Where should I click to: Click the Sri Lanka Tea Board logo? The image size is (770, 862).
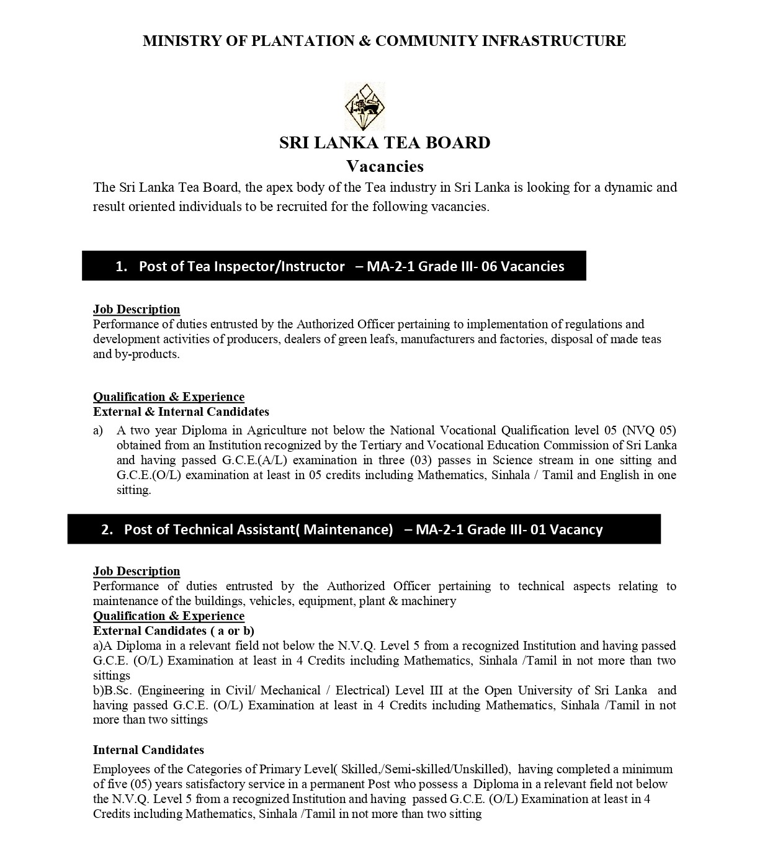coord(365,107)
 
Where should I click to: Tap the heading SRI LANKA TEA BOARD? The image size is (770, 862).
coord(385,143)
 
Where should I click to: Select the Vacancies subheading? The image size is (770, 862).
coord(385,166)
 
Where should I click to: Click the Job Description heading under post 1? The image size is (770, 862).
coord(137,309)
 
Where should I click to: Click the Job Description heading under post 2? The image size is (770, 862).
coord(137,571)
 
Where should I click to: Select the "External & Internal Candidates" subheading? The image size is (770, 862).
coord(181,411)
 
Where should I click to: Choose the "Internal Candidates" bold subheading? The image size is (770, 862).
coord(148,750)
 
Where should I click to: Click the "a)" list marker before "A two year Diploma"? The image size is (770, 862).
coord(98,430)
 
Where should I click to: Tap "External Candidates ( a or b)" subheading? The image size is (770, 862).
coord(174,631)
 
